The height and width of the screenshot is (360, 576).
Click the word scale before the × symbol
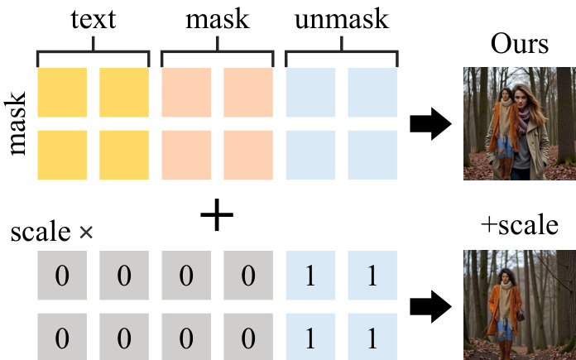pyautogui.click(x=41, y=233)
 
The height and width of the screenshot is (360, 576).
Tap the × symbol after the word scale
pyautogui.click(x=85, y=233)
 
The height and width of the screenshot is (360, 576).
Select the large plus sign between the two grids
pyautogui.click(x=217, y=217)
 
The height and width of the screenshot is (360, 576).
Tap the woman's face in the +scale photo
pyautogui.click(x=506, y=277)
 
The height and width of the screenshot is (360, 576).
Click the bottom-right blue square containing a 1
pyautogui.click(x=372, y=338)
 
